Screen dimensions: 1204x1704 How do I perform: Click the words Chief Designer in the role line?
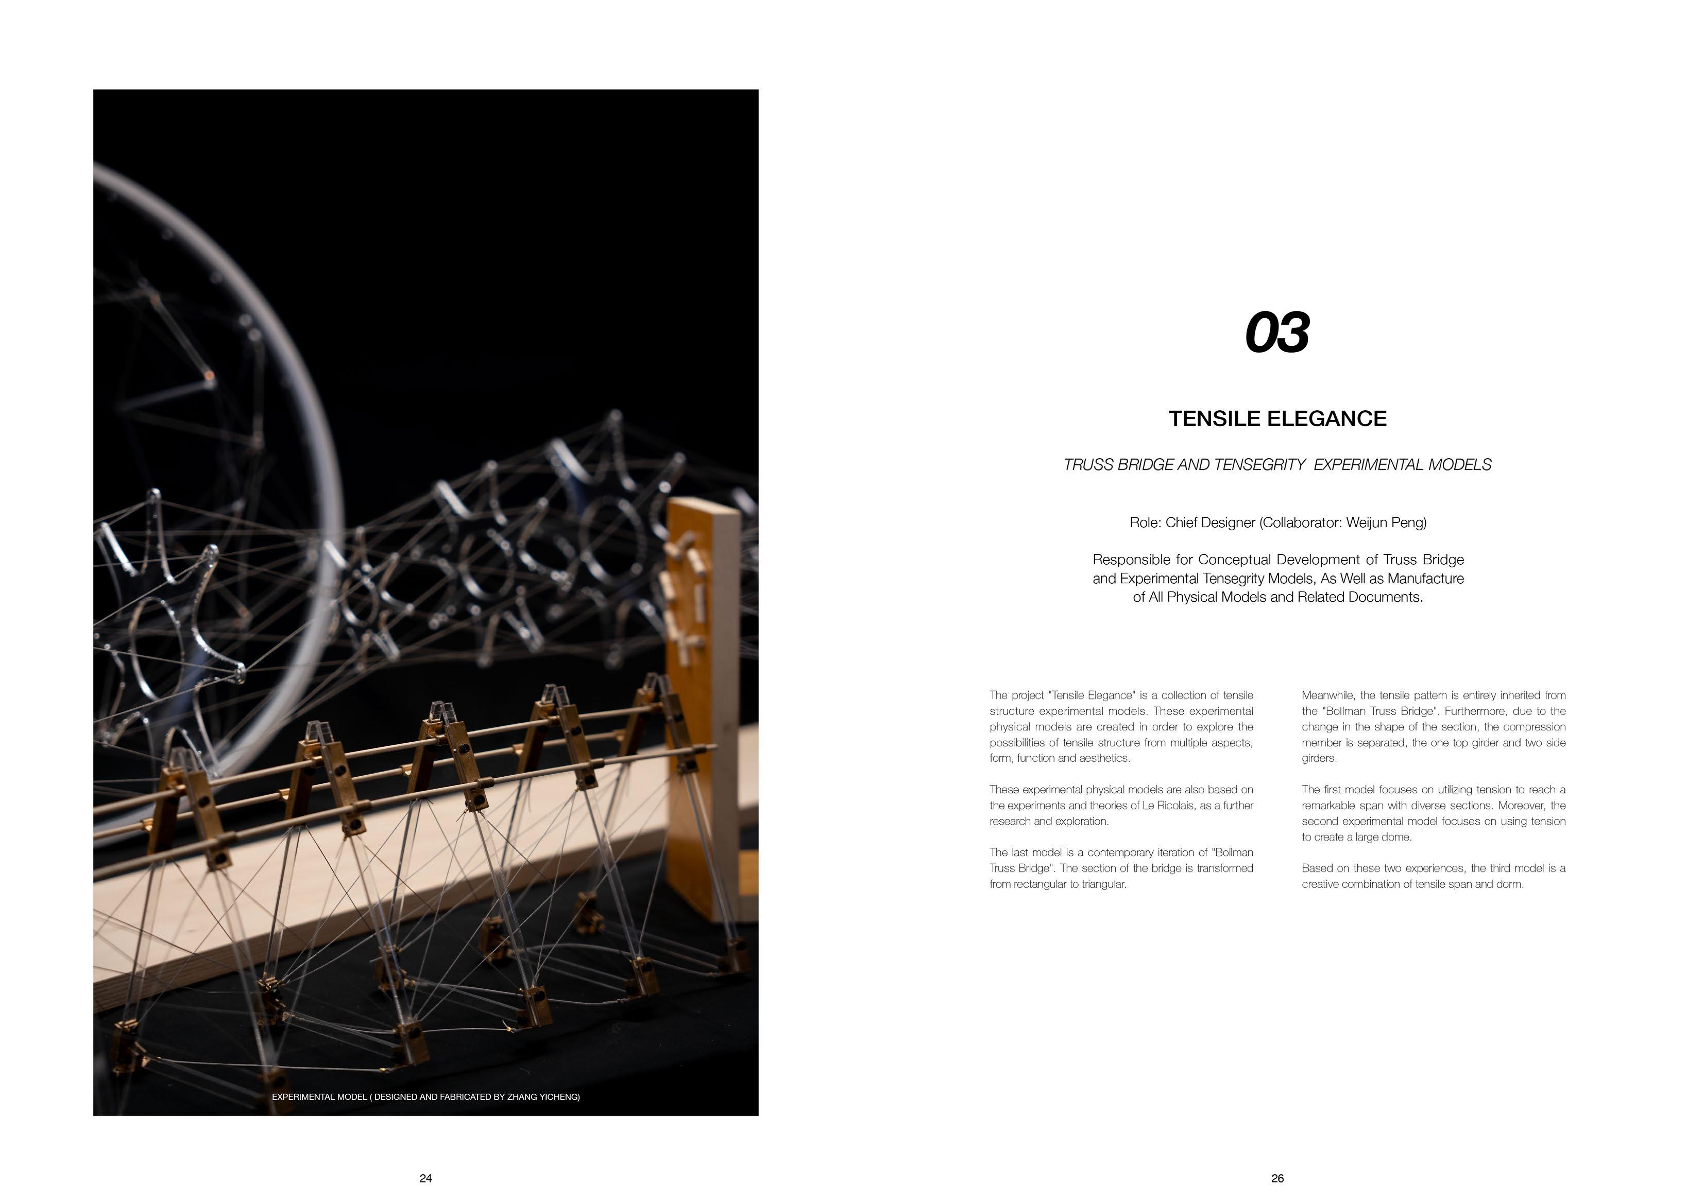click(1209, 523)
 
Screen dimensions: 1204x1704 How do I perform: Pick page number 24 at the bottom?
click(425, 1178)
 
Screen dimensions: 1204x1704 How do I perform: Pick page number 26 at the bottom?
click(1277, 1178)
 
